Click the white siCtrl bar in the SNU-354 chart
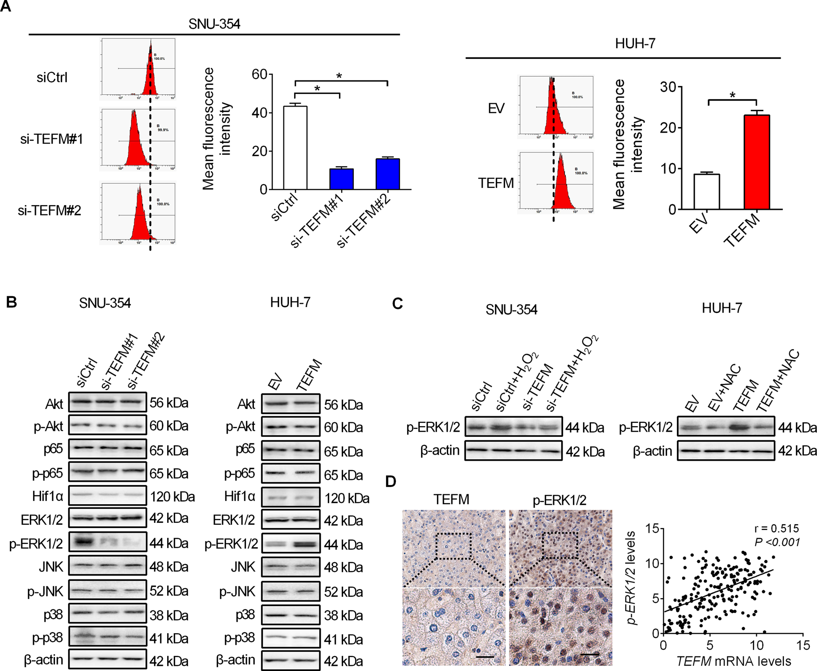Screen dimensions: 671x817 coord(295,148)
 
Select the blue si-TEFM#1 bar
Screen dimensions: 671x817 coord(341,179)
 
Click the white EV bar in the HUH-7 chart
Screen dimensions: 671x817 coord(706,192)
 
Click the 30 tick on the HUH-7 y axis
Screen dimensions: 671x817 coord(668,87)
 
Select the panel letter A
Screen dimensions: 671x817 coord(6,7)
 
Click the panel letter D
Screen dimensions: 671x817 coord(391,482)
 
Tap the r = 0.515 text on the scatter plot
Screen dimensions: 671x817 coord(776,528)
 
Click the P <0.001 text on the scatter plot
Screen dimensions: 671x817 coord(777,542)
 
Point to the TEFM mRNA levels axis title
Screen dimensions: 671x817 coord(733,661)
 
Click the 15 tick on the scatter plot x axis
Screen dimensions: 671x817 coord(803,645)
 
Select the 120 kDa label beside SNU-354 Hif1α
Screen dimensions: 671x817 coord(172,497)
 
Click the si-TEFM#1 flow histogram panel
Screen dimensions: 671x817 coord(138,139)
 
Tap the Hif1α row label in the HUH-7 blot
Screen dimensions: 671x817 coord(239,496)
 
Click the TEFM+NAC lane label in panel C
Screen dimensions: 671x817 coord(779,382)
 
